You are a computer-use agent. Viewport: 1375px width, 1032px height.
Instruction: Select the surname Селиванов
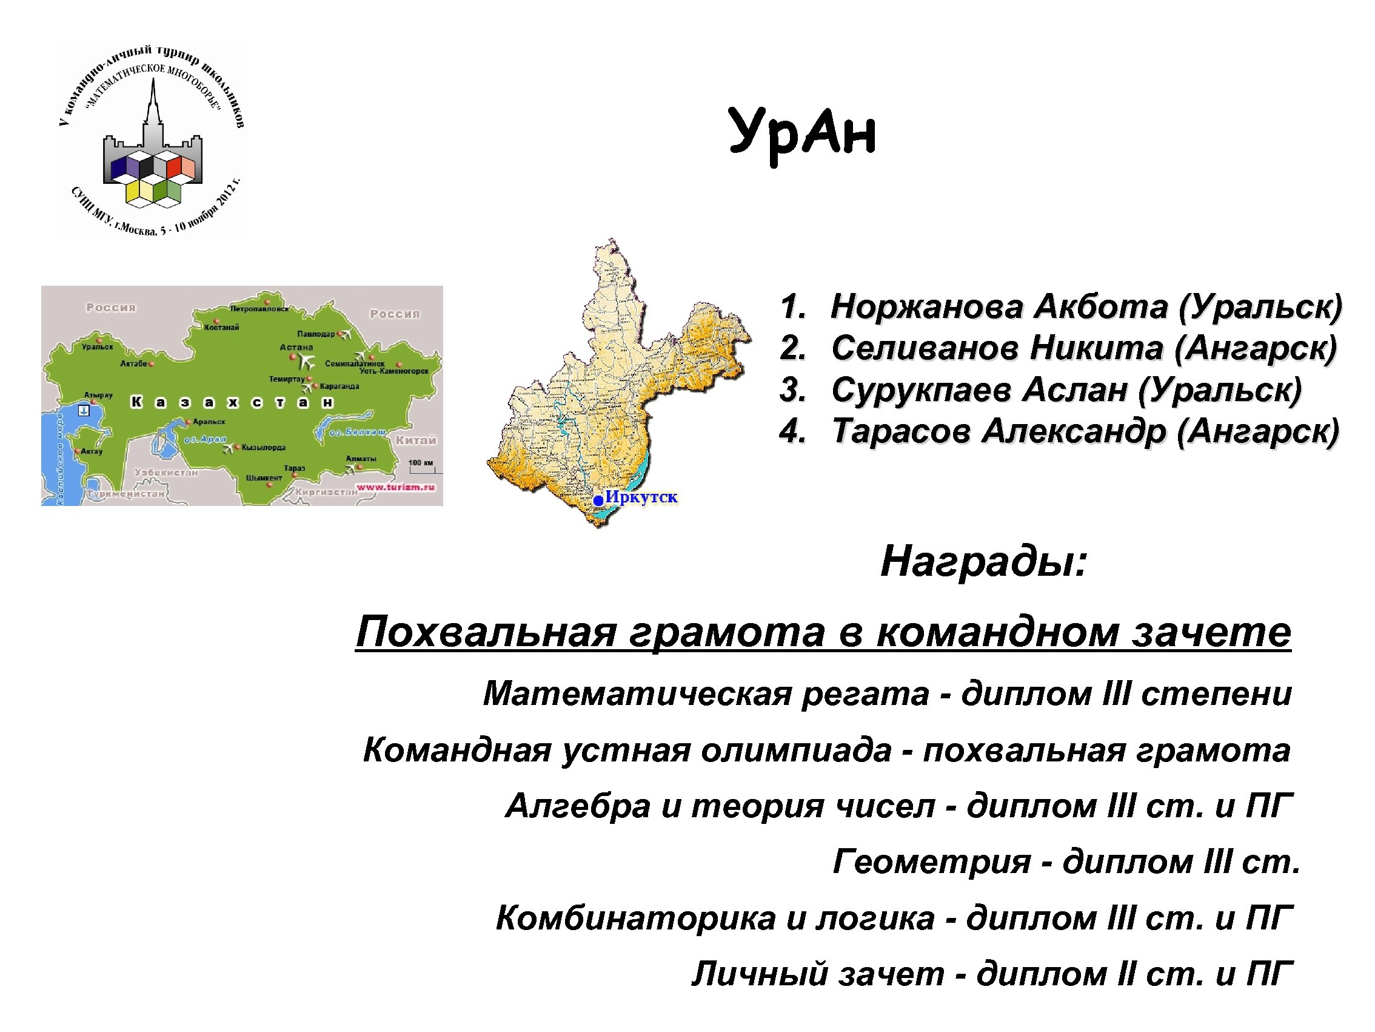925,348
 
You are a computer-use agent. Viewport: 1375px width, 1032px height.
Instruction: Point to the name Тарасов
901,432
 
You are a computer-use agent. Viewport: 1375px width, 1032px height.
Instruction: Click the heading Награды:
983,562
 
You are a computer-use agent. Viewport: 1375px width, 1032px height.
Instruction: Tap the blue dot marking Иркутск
598,499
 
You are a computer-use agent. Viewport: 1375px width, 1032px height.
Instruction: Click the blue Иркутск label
641,497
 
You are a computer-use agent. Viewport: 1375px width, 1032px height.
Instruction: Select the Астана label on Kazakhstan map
296,347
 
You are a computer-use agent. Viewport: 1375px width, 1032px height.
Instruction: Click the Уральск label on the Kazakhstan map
98,346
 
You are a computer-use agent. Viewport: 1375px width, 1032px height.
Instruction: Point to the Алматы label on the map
361,459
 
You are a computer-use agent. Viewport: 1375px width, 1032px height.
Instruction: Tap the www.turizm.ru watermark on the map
395,487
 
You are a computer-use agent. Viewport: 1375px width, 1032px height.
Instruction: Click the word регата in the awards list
865,693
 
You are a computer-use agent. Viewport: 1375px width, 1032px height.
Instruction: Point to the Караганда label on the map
340,386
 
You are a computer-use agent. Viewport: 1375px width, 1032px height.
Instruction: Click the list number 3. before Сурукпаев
792,391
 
